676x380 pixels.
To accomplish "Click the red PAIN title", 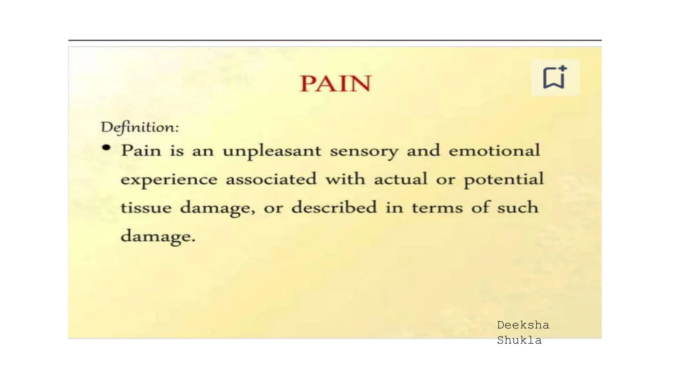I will pyautogui.click(x=336, y=83).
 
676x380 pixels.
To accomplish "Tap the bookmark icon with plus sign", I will pyautogui.click(x=555, y=78).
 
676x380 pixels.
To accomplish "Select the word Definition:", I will pyautogui.click(x=140, y=127).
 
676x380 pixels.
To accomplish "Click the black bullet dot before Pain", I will pyautogui.click(x=106, y=148).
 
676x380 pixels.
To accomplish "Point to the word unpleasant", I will pyautogui.click(x=272, y=151).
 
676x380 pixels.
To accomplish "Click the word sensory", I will pyautogui.click(x=364, y=151).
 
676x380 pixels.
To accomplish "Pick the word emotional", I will pyautogui.click(x=494, y=150).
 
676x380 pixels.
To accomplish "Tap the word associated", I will pyautogui.click(x=271, y=179).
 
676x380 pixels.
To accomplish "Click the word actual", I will pyautogui.click(x=400, y=179).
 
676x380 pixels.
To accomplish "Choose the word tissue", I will pyautogui.click(x=146, y=208).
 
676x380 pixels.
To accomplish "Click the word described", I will pyautogui.click(x=334, y=207).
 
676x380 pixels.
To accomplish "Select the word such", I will pyautogui.click(x=518, y=207).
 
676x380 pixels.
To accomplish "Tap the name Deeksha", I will pyautogui.click(x=523, y=325).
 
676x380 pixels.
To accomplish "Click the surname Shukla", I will pyautogui.click(x=519, y=340).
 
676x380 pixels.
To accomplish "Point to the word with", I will pyautogui.click(x=345, y=179).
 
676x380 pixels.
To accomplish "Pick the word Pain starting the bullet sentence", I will pyautogui.click(x=141, y=151).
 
